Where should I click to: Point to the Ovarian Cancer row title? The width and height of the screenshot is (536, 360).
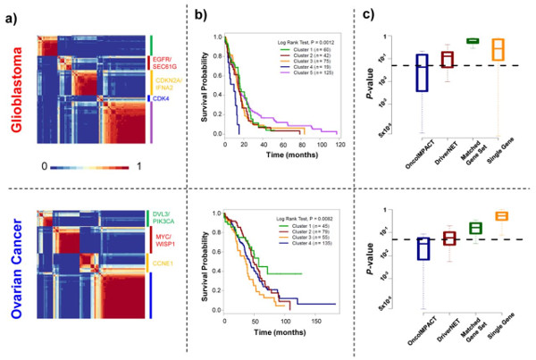pyautogui.click(x=14, y=268)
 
